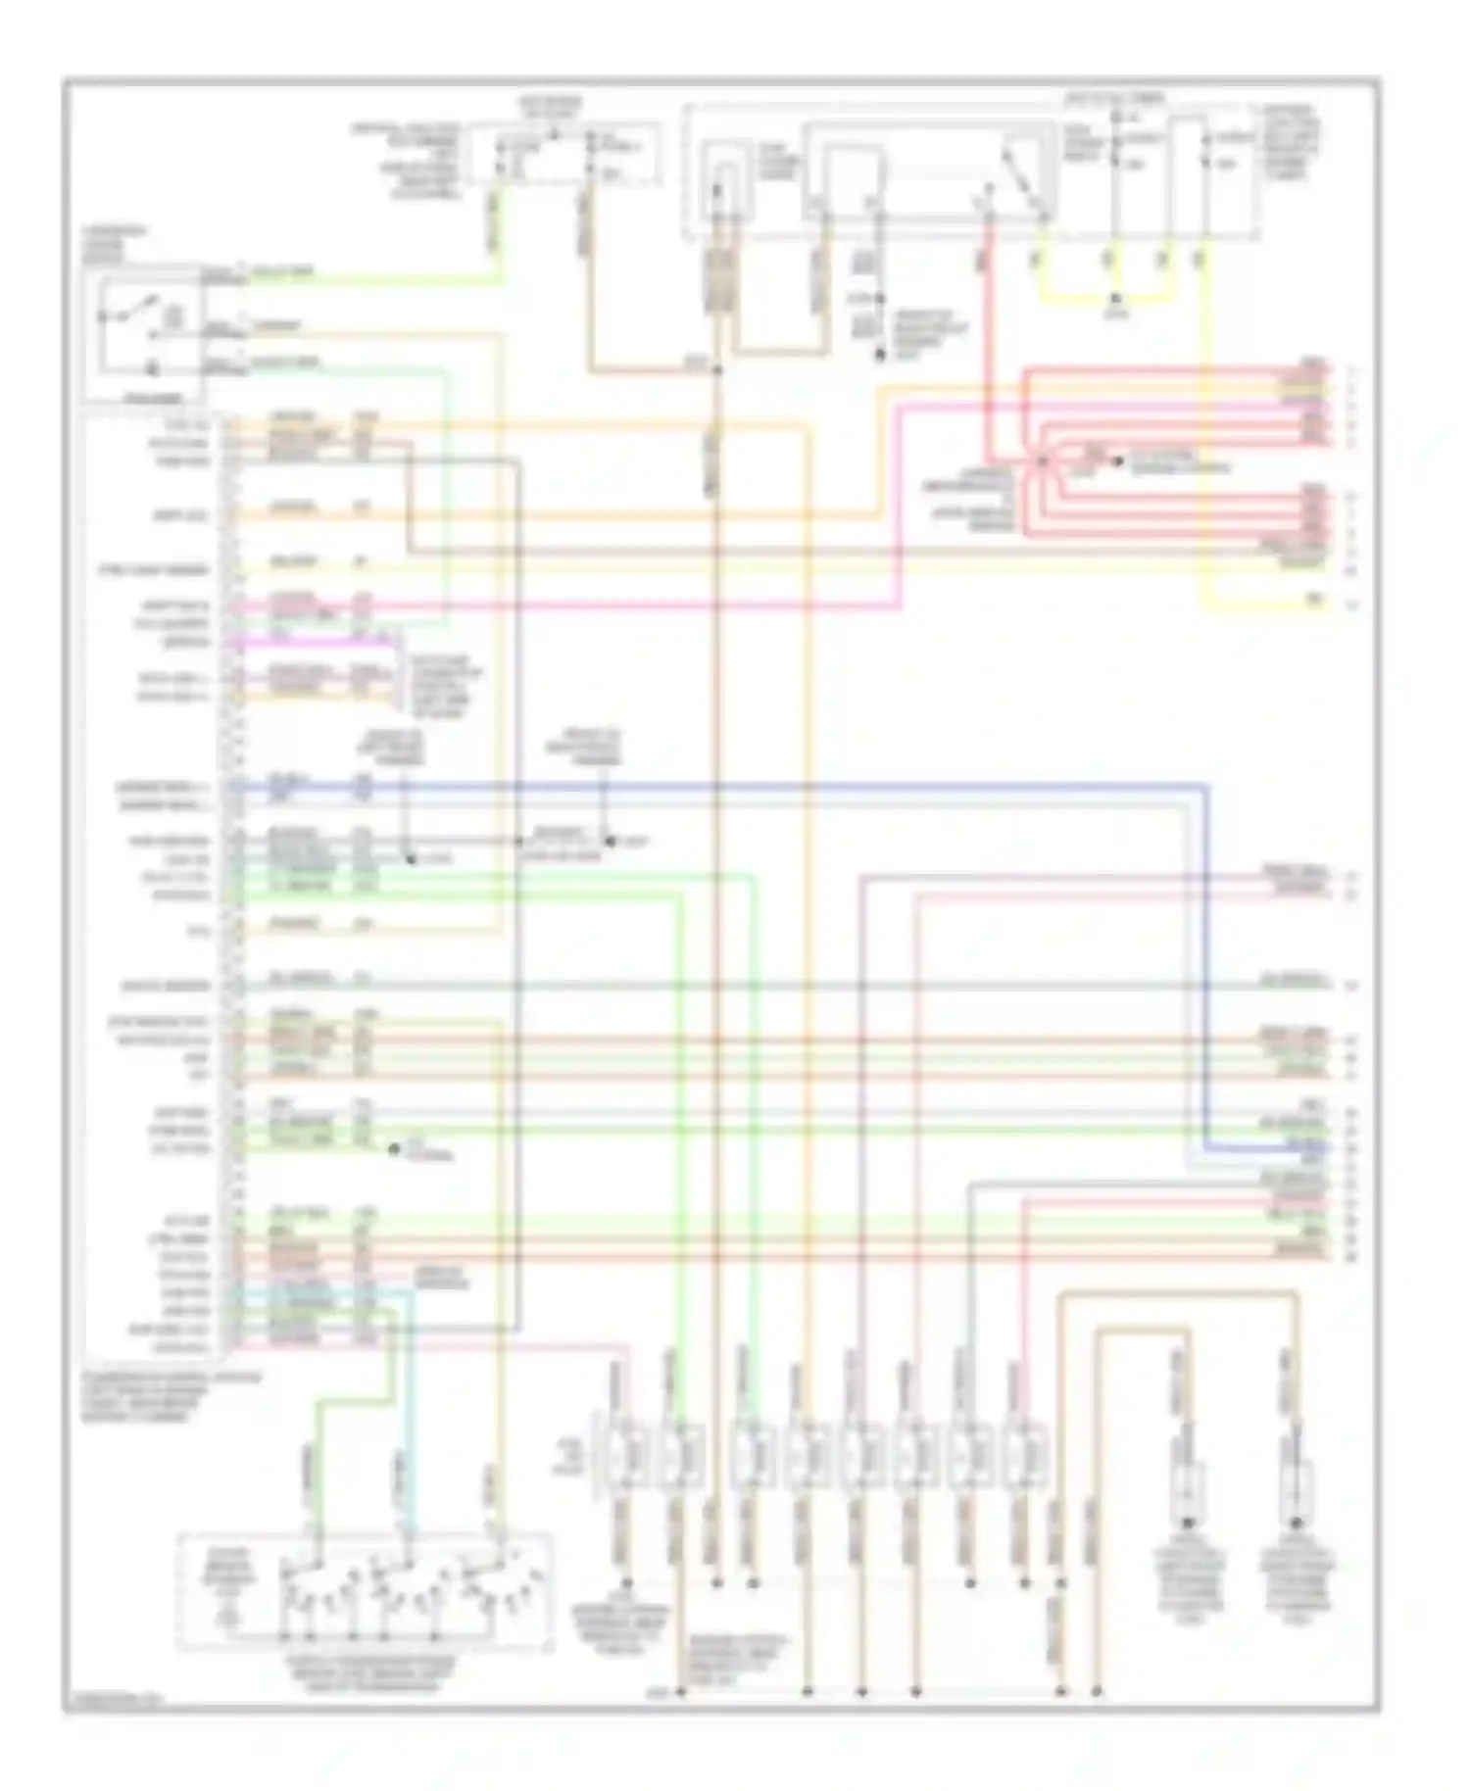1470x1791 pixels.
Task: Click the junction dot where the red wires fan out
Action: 1042,460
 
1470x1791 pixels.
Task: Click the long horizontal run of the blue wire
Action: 784,786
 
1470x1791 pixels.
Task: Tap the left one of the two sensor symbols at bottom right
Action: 1188,1489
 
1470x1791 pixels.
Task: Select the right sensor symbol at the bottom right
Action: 1297,1489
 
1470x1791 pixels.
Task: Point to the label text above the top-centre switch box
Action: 549,107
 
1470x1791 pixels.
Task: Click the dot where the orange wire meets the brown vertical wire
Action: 717,371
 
